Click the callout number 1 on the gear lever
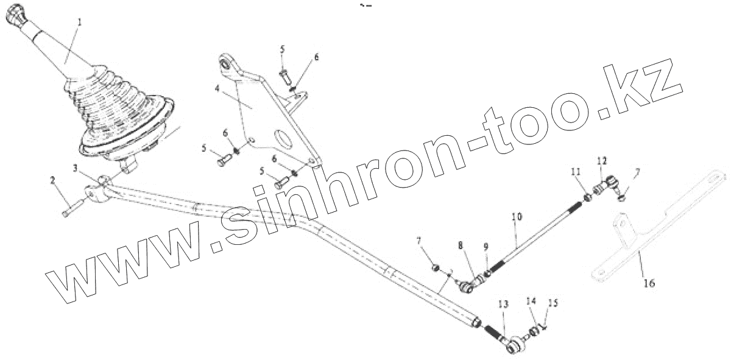click(78, 23)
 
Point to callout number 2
click(52, 180)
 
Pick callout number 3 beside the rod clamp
click(76, 168)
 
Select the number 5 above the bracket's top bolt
click(283, 49)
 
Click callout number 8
click(461, 245)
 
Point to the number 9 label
click(486, 247)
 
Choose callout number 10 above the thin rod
click(517, 216)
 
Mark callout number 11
click(573, 173)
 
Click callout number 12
click(602, 161)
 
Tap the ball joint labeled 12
click(607, 181)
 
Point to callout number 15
click(553, 302)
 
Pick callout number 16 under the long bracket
click(649, 283)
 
